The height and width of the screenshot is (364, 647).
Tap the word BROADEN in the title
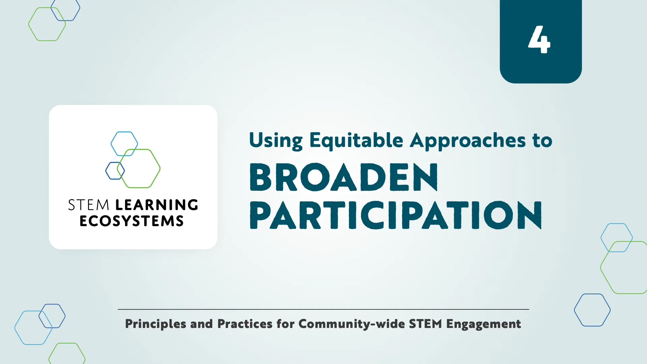[344, 177]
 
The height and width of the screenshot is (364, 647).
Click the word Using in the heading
[276, 141]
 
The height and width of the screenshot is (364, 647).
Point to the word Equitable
[356, 141]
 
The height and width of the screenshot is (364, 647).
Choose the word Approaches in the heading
[467, 141]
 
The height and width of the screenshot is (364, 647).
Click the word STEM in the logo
[89, 205]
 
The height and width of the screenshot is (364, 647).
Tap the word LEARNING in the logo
[157, 205]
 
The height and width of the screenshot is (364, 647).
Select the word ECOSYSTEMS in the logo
[132, 221]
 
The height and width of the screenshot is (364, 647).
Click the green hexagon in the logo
[139, 168]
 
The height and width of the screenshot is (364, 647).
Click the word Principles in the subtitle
[155, 324]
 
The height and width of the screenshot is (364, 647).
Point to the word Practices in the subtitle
[245, 324]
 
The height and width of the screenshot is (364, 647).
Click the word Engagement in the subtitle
[484, 324]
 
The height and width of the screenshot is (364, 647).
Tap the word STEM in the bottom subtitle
[425, 324]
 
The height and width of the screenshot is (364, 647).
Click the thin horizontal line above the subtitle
[323, 309]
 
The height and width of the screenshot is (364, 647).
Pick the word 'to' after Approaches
[542, 141]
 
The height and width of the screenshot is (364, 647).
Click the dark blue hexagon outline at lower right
[592, 310]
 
